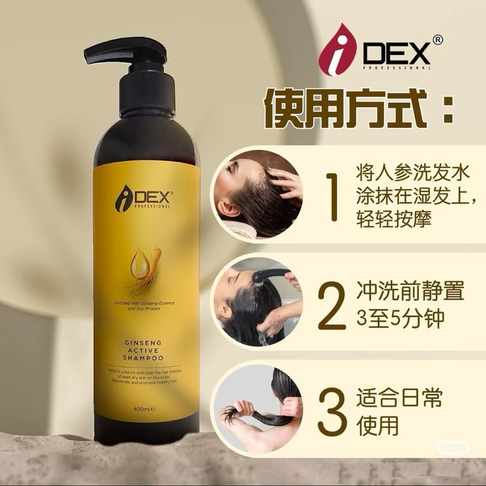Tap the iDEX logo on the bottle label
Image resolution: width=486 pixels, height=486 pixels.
point(142,199)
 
